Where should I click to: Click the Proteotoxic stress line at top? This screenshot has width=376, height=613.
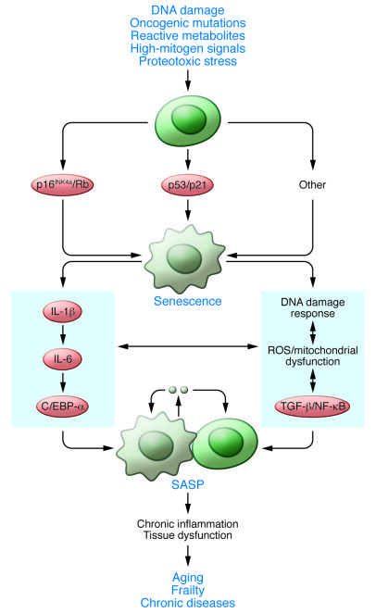188,62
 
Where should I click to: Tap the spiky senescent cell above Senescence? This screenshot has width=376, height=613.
188,246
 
